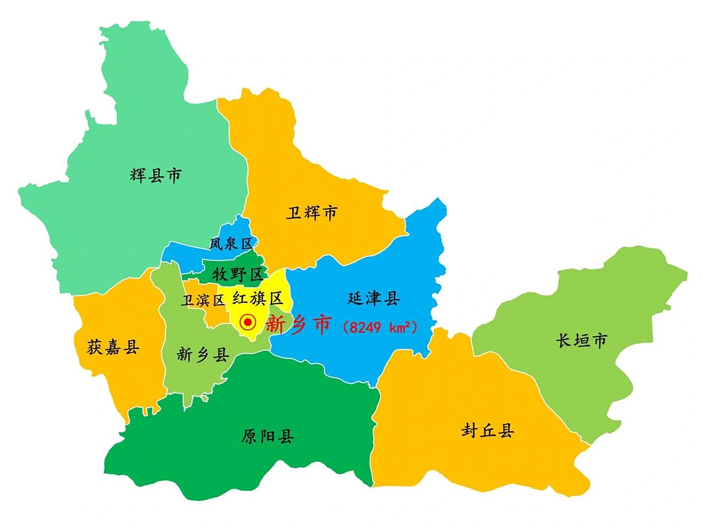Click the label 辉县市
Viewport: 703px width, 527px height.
point(156,175)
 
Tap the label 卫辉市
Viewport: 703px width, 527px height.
point(311,213)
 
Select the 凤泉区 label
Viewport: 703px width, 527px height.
point(231,244)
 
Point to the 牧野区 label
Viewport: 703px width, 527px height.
point(238,274)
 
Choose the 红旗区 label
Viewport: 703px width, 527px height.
point(258,298)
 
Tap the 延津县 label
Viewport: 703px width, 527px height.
point(373,298)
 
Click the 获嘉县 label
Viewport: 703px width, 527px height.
point(113,347)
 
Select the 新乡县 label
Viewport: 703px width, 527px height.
point(203,354)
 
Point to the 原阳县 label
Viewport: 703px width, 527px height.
point(267,436)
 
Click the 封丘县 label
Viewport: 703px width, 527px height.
point(488,431)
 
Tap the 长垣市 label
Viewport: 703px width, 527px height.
point(582,340)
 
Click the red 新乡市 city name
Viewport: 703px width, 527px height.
point(298,324)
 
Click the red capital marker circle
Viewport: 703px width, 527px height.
point(248,322)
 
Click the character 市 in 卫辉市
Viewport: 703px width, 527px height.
point(330,213)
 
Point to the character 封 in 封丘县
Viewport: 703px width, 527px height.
point(469,431)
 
